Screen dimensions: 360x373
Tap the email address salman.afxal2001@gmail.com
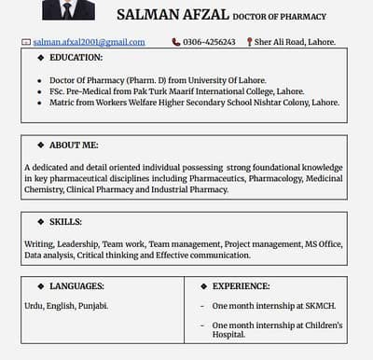(89, 42)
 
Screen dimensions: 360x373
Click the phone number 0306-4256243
(209, 42)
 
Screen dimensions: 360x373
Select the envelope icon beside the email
(26, 42)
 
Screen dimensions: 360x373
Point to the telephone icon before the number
(176, 42)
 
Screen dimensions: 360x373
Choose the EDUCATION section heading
(76, 58)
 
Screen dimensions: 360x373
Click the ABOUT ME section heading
(74, 145)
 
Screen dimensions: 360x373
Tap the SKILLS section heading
(65, 221)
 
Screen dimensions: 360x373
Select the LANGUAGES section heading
(76, 286)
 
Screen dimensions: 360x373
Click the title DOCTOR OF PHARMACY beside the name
(279, 17)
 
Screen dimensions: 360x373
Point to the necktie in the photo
(68, 9)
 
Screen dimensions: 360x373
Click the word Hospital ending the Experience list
(228, 334)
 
